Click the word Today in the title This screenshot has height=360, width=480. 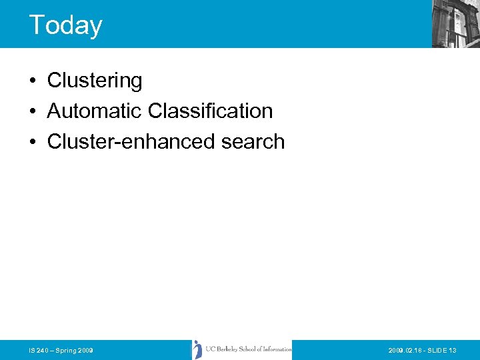pos(65,25)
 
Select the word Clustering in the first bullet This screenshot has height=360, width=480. pos(95,81)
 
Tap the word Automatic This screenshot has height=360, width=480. pos(95,111)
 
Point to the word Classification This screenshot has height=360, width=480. pos(211,111)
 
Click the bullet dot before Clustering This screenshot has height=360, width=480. pos(32,81)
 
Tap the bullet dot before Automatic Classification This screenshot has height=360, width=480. pos(32,111)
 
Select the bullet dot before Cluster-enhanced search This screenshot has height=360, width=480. pos(32,142)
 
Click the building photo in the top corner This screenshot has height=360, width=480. pos(455,23)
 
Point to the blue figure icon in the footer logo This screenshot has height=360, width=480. pos(197,349)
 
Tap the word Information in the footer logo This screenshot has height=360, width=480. pos(275,349)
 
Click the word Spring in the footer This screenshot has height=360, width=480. pos(65,350)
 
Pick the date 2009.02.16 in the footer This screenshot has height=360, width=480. pos(407,350)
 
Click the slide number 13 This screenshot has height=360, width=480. pos(453,350)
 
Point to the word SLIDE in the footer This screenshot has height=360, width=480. pos(438,350)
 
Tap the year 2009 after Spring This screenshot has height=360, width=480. pos(85,350)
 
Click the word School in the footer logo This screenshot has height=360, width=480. pos(252,349)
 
